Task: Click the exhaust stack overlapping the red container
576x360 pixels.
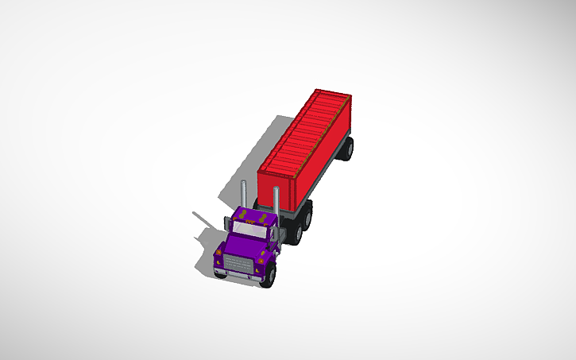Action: [276, 200]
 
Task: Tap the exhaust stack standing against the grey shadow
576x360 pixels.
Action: [244, 194]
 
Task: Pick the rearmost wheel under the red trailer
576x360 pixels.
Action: [348, 148]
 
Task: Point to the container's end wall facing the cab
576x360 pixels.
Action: [278, 183]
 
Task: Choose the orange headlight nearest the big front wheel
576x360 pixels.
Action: [261, 259]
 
